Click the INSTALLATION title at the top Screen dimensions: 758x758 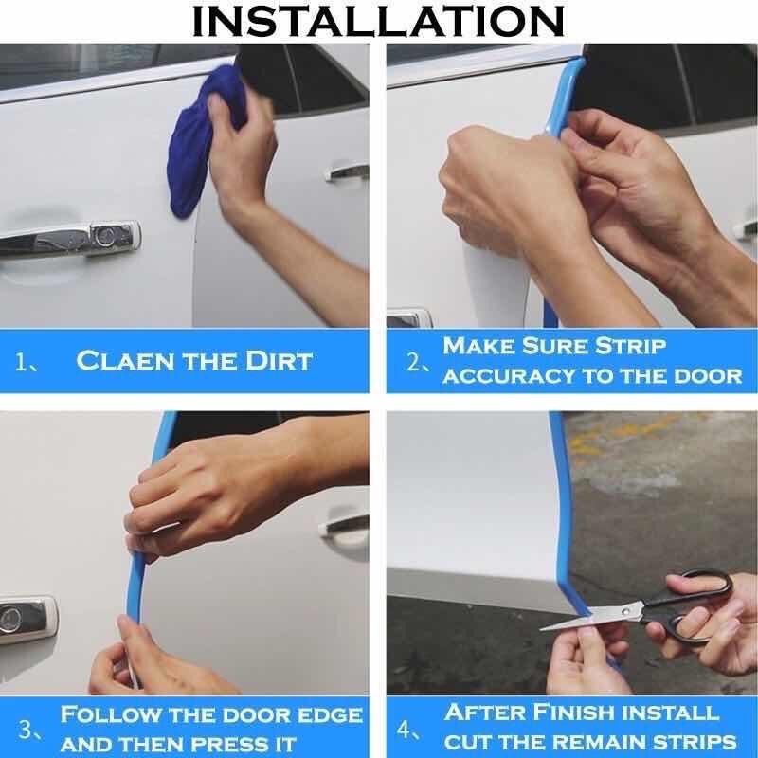pyautogui.click(x=378, y=22)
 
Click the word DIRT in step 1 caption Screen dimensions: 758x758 pyautogui.click(x=279, y=361)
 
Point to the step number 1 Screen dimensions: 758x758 pyautogui.click(x=22, y=362)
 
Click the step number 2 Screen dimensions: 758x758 pyautogui.click(x=414, y=362)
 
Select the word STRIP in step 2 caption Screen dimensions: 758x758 pyautogui.click(x=631, y=347)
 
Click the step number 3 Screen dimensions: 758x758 pyautogui.click(x=26, y=730)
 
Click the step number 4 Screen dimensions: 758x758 pyautogui.click(x=405, y=730)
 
